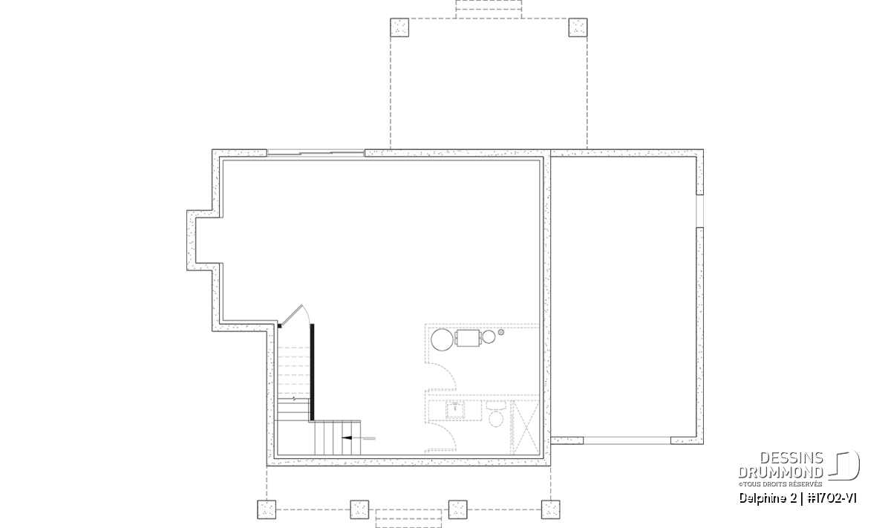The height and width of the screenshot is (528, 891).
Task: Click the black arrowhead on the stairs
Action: coord(347,438)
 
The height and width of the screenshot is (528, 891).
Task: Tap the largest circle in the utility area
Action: coord(442,340)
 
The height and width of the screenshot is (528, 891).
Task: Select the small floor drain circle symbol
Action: coord(500,332)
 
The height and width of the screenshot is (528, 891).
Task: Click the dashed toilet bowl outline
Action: coord(496,419)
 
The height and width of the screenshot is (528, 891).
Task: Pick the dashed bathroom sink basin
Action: coord(455,410)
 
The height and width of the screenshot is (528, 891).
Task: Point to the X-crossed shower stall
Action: coord(525,427)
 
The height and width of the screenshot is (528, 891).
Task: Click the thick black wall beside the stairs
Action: coord(312,372)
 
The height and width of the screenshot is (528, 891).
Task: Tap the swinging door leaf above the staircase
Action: coord(292,315)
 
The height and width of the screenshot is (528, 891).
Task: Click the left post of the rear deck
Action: coord(399,27)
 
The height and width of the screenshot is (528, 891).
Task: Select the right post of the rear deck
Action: coord(578,27)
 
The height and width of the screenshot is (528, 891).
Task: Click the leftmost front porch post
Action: coord(267,509)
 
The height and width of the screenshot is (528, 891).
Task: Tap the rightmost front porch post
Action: coord(550,509)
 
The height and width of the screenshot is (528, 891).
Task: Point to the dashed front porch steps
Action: coord(408,518)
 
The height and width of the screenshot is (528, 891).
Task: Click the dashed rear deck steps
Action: coord(489,9)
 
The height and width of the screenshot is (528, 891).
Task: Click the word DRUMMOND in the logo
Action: coord(781,473)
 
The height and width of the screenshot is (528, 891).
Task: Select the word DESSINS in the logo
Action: coord(792,458)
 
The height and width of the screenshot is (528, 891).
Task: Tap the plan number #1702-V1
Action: coord(832,498)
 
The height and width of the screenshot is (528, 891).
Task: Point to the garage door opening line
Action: coord(627,440)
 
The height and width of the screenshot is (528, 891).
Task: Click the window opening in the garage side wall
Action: coord(699,211)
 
